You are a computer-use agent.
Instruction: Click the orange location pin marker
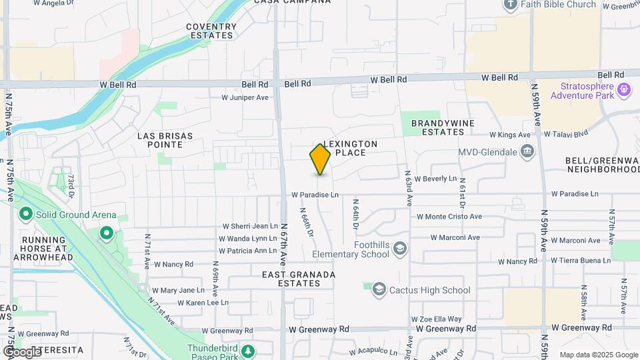tap(320, 159)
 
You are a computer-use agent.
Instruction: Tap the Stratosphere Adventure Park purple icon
tap(625, 89)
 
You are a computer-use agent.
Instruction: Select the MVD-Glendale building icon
tap(528, 152)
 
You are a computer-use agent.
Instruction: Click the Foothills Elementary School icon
tap(400, 249)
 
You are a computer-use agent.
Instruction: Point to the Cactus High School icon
tap(379, 290)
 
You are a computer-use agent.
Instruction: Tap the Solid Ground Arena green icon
tap(26, 215)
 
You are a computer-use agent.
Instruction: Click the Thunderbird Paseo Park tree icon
tap(248, 351)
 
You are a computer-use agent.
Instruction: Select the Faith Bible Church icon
tap(511, 5)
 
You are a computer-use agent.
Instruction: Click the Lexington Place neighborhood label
tap(350, 148)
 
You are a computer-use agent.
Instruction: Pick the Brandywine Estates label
tap(437, 127)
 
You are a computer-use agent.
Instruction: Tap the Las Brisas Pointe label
tap(165, 140)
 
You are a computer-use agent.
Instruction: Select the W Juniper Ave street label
tap(245, 97)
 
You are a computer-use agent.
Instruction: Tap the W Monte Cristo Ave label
tap(449, 217)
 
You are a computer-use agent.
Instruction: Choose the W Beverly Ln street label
tap(435, 179)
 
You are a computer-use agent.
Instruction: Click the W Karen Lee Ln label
tap(203, 302)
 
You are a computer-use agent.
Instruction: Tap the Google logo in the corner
tap(22, 351)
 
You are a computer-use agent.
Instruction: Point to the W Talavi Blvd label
tap(566, 134)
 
